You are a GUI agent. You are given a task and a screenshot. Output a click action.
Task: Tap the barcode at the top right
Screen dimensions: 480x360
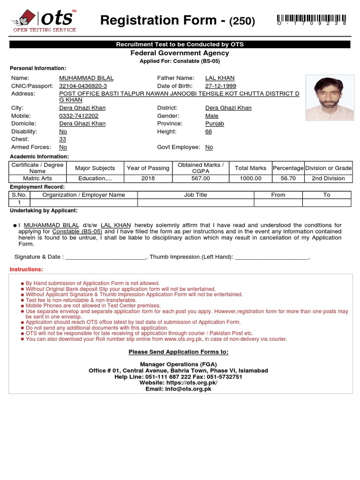312,19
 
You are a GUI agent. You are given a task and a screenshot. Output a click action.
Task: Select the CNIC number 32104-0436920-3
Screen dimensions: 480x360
83,86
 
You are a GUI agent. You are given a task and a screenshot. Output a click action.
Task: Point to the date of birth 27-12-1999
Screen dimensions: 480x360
220,86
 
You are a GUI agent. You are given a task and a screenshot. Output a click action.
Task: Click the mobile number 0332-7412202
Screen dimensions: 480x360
79,116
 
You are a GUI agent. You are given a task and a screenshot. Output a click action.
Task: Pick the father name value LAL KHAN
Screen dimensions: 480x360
220,78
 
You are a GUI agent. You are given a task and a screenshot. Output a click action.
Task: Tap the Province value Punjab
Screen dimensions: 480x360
215,124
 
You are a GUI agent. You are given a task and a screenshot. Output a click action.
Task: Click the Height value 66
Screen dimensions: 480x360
209,132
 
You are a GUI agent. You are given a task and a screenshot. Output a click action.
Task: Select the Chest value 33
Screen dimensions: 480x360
62,139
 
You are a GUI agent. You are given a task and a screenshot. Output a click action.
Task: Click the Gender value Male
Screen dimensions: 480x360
212,116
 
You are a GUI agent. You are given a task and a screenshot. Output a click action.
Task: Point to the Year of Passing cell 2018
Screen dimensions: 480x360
148,179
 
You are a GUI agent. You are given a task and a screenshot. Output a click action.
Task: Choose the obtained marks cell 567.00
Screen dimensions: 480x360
201,179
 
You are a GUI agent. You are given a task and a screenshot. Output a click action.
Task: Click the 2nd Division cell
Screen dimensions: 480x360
328,179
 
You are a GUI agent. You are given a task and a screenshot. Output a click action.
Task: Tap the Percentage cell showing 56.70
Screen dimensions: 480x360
288,179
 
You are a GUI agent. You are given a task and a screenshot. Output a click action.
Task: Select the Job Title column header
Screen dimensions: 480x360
195,195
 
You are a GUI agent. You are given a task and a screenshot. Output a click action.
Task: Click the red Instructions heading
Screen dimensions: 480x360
26,270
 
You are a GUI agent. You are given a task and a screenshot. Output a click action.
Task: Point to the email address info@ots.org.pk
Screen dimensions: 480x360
178,389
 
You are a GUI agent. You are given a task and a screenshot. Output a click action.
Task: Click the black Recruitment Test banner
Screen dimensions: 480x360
180,45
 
